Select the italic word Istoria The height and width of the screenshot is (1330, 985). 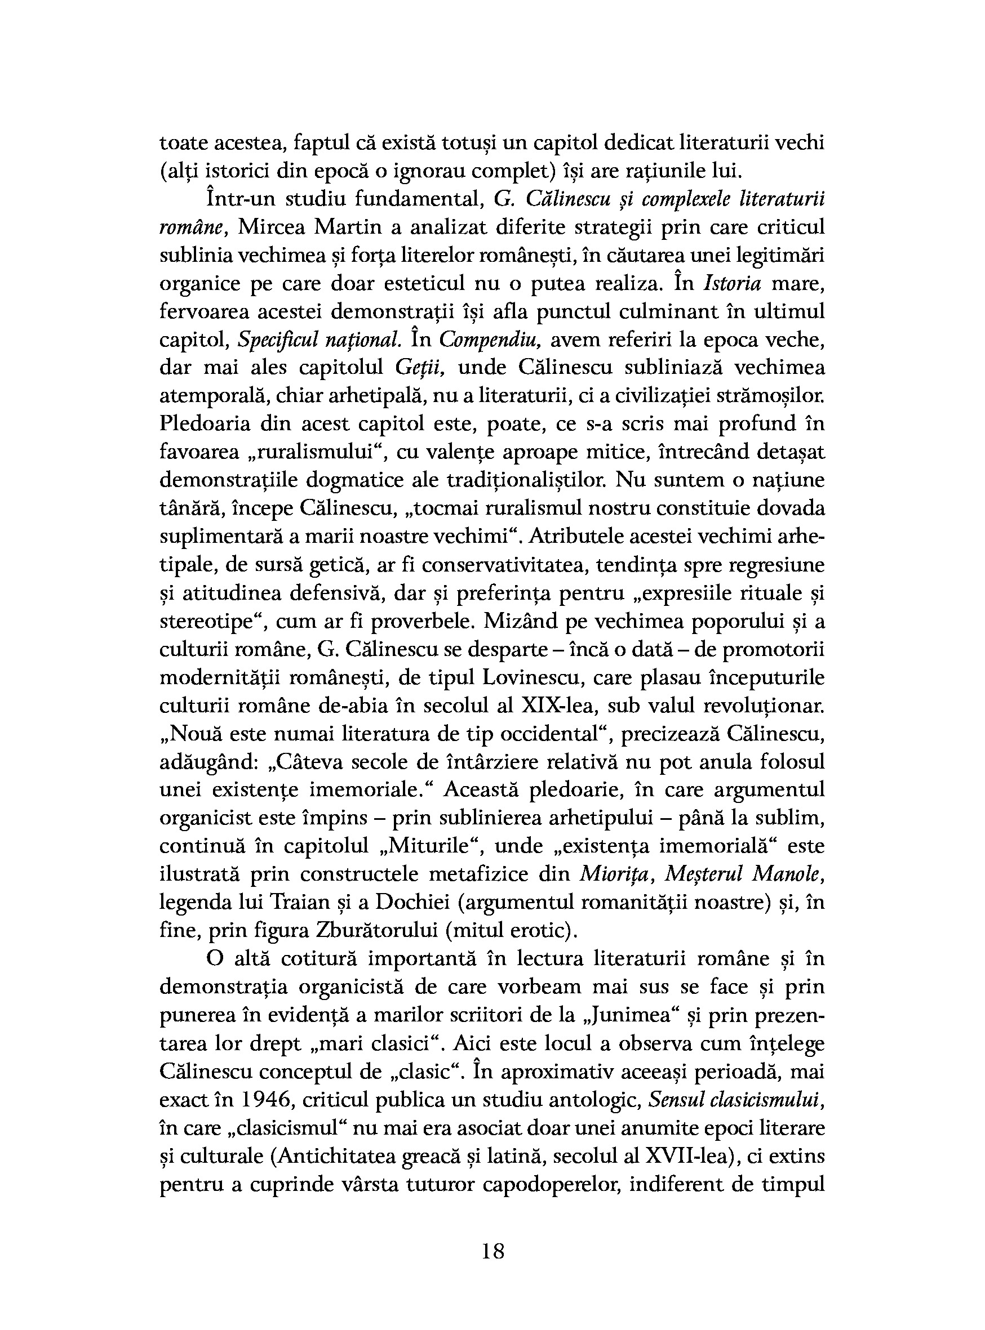pyautogui.click(x=732, y=284)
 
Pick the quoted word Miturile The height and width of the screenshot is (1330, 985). pyautogui.click(x=425, y=846)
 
